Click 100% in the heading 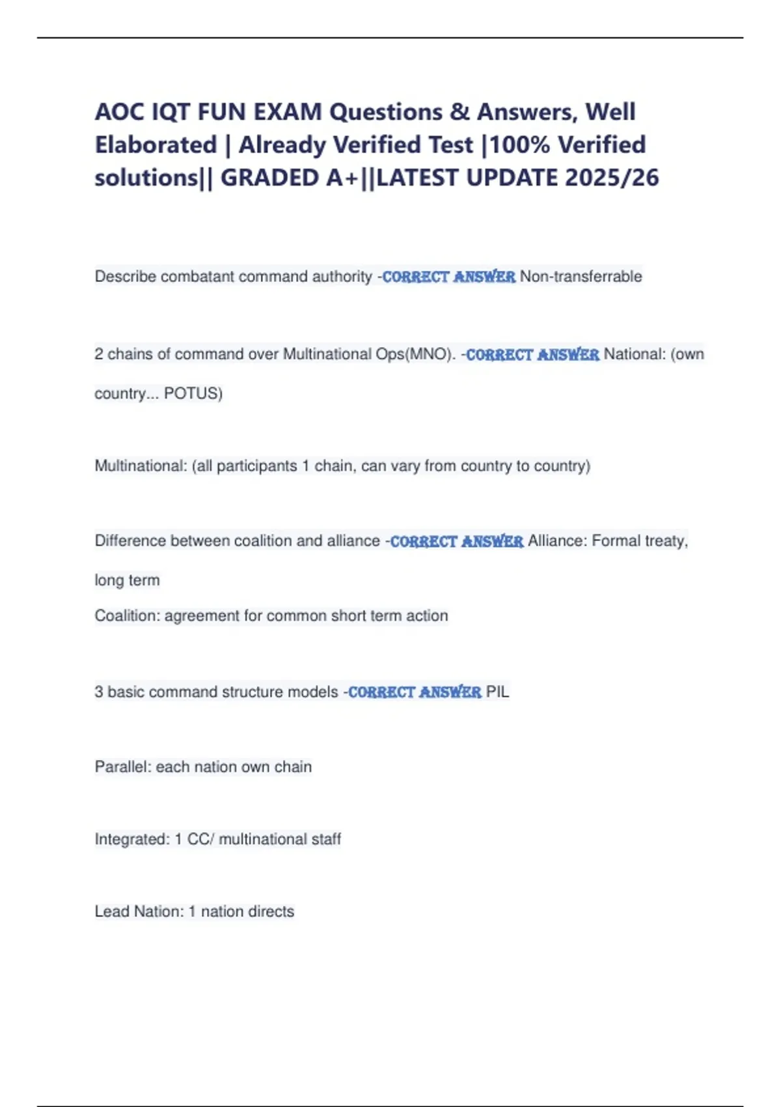coord(520,145)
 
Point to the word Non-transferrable coord(581,277)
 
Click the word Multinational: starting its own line coord(141,466)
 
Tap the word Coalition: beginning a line coord(127,616)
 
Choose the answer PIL coord(497,692)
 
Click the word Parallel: coord(123,767)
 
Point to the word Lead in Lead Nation coord(112,912)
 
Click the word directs coord(272,912)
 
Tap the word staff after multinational coord(325,839)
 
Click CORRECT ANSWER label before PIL coord(415,692)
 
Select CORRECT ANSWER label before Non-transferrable coord(448,277)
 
